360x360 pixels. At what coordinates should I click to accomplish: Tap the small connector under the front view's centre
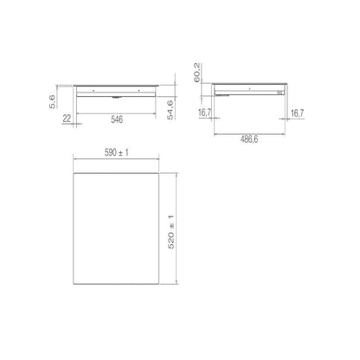(x=114, y=97)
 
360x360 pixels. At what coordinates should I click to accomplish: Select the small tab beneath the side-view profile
(x=227, y=96)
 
